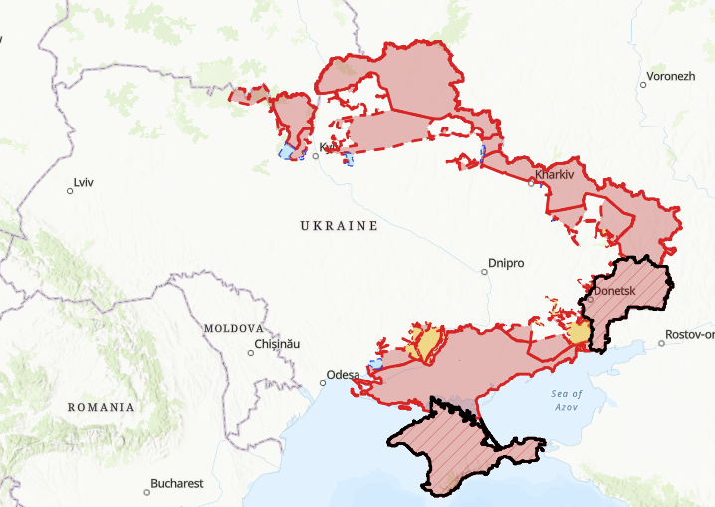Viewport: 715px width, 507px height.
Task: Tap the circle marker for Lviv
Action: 70,190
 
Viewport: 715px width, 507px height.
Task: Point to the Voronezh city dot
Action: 644,84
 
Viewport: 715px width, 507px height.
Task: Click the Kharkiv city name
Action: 555,175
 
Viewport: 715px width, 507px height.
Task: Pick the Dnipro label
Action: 506,264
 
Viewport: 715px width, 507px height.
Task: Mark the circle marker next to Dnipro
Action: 482,270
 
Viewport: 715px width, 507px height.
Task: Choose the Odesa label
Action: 343,375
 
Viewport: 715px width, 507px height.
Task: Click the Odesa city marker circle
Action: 323,380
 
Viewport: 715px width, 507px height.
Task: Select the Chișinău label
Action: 277,344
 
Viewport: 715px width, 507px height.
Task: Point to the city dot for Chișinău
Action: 251,351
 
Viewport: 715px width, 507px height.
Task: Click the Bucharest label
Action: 177,484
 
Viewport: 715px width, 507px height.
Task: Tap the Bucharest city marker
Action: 145,490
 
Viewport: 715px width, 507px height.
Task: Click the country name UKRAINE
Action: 339,226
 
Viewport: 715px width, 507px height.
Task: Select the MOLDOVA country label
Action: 233,328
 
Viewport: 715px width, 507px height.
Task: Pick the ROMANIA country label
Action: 101,407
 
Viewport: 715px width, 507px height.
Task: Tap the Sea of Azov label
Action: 567,401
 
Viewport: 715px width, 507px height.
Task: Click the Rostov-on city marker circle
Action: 662,343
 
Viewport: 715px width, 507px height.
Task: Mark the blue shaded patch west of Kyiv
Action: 288,152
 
